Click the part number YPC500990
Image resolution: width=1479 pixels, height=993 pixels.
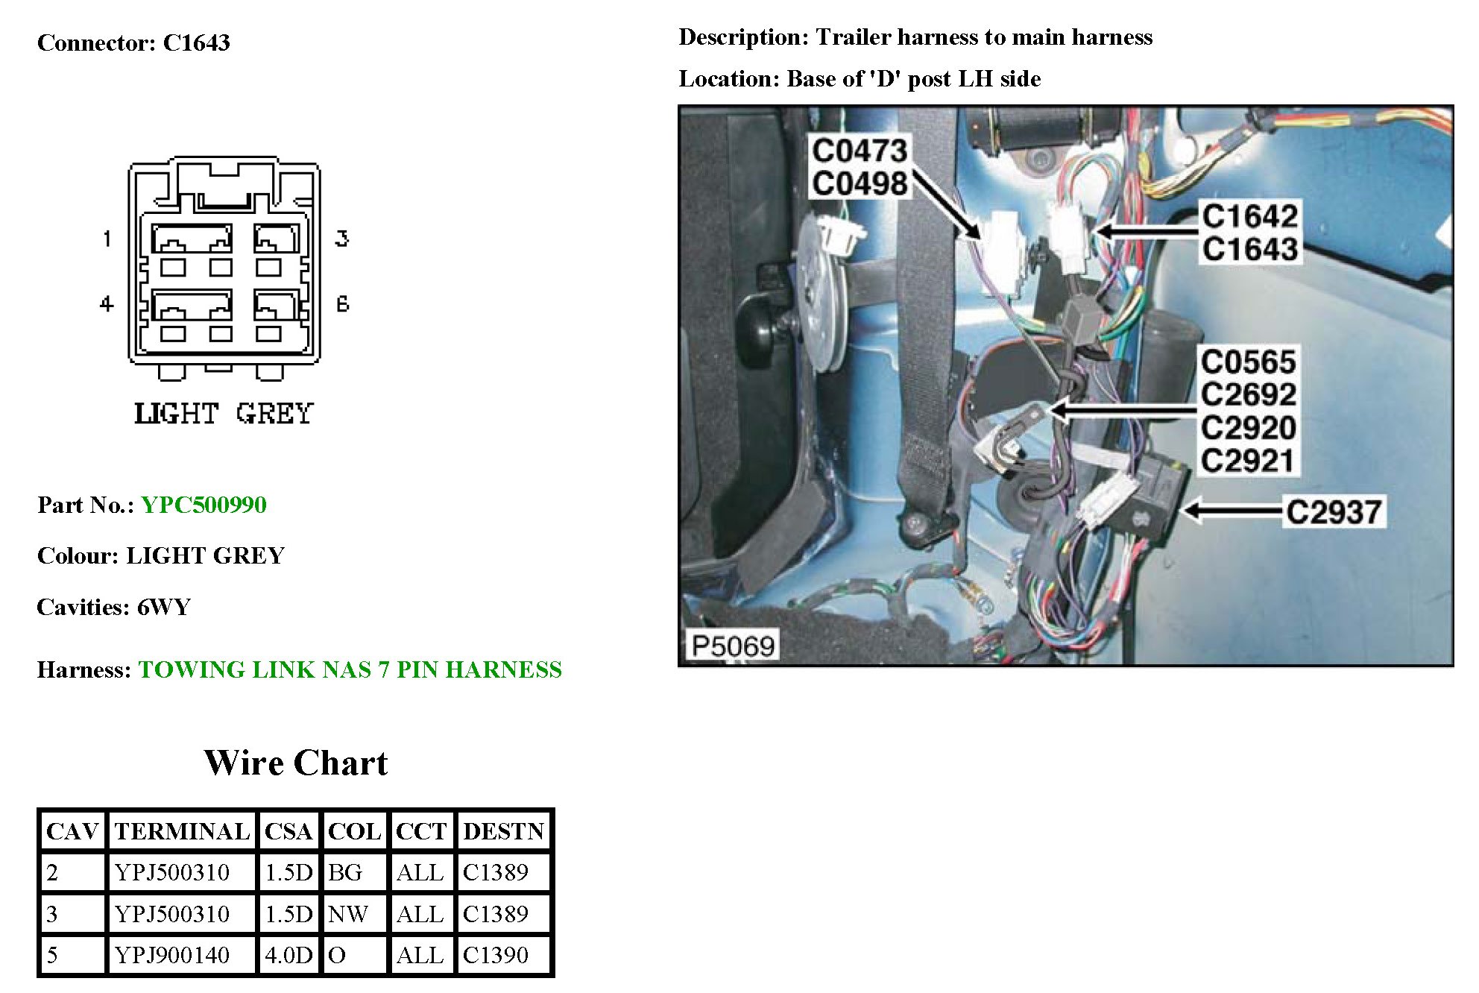[204, 505]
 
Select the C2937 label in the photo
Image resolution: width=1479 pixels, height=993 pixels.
[1334, 512]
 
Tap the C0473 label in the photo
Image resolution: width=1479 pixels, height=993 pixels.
[859, 151]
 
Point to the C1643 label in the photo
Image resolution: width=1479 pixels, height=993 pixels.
[1250, 249]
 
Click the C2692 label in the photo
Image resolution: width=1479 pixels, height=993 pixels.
[1249, 394]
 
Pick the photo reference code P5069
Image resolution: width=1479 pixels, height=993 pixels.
[733, 645]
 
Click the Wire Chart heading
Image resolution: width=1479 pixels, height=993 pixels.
[296, 763]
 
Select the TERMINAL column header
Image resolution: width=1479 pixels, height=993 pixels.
[182, 831]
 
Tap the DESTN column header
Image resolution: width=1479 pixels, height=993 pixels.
[503, 831]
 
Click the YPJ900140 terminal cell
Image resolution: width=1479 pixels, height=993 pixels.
[172, 955]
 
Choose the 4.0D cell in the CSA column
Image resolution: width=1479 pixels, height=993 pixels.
[288, 955]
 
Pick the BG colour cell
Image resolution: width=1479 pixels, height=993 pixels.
[345, 872]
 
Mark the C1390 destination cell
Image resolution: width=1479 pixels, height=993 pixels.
[496, 955]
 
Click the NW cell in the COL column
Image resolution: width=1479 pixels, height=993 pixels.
[348, 914]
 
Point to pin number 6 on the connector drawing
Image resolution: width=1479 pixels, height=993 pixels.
[342, 303]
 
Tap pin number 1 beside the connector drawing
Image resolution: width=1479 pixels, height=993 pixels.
[107, 239]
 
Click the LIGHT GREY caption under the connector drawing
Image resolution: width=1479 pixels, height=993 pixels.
[224, 414]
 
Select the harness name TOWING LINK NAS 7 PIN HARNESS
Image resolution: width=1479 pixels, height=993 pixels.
[350, 669]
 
